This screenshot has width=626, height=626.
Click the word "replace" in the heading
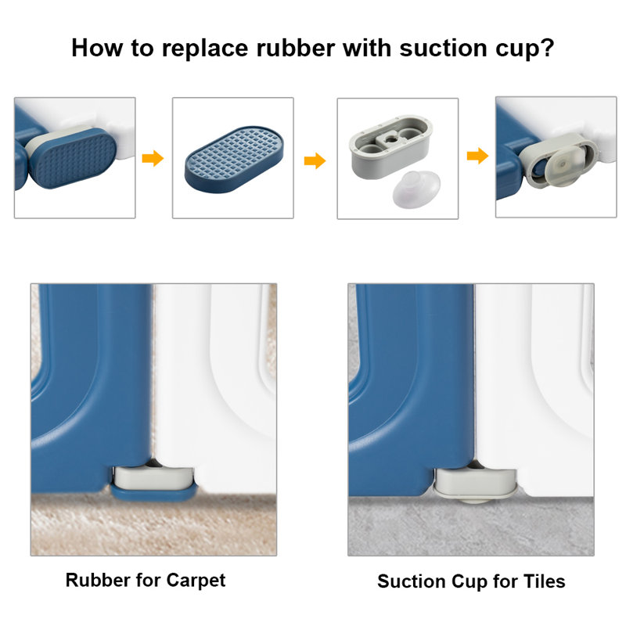click(198, 49)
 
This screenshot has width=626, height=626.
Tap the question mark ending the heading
click(548, 49)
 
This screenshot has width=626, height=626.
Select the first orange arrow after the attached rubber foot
click(153, 159)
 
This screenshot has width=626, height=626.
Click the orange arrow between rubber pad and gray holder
click(315, 161)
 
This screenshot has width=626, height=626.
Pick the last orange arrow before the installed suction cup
click(477, 156)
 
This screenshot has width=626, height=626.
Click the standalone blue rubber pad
click(232, 159)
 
